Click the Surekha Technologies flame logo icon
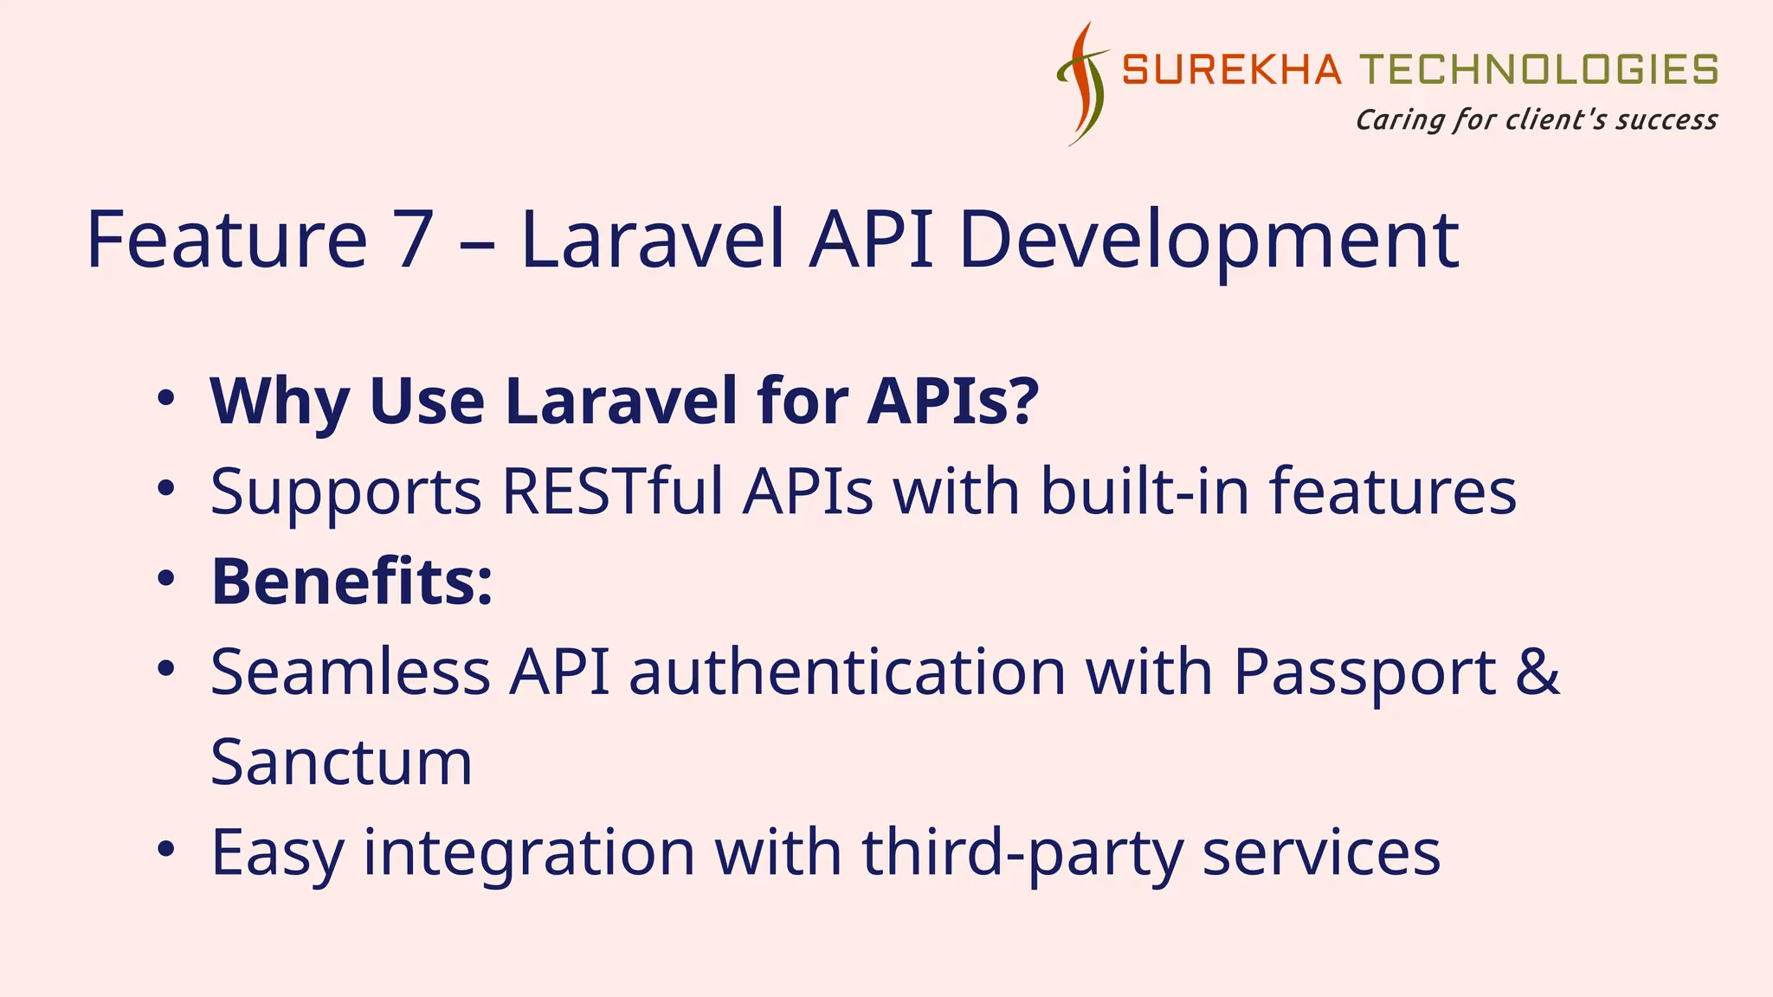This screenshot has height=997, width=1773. point(1082,84)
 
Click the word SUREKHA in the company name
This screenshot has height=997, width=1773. point(1231,70)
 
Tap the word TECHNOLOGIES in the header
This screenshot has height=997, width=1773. point(1538,70)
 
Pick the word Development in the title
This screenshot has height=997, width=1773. point(1209,241)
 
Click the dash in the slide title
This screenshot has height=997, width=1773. point(477,242)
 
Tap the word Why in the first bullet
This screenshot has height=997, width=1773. point(279,402)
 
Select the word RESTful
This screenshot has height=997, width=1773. point(612,492)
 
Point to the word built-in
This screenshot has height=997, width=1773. point(1144,492)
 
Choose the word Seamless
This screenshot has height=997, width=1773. point(351,672)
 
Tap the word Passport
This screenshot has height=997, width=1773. point(1364,673)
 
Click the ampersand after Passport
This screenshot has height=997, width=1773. point(1538,672)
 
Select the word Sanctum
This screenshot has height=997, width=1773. point(341,762)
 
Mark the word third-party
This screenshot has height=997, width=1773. point(1022,853)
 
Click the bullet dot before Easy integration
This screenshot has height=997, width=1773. point(166,850)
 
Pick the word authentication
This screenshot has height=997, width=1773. point(847,672)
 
